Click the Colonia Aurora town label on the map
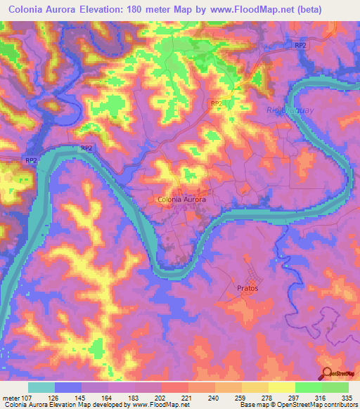[x=180, y=200]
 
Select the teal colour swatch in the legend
[x=41, y=387]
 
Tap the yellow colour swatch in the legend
[x=281, y=387]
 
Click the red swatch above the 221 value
[x=175, y=387]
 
